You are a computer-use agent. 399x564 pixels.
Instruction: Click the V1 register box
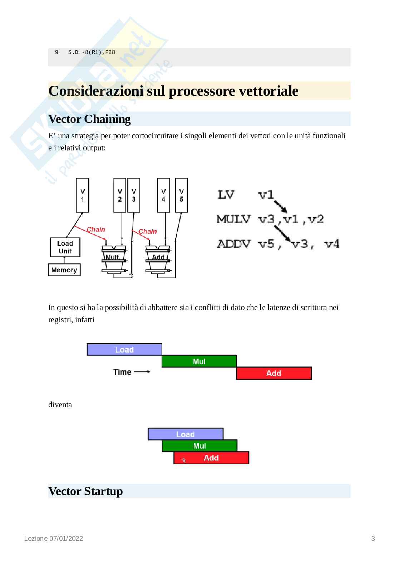83,195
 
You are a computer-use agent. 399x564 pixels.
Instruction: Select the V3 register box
134,195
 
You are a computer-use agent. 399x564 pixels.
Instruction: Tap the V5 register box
181,195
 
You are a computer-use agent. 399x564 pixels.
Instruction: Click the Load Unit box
65,247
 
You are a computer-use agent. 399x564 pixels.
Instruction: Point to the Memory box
64,270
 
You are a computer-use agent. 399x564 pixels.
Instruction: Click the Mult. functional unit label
113,257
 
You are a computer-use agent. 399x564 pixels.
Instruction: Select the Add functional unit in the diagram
158,257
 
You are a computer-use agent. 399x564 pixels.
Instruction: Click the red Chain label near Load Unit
96,229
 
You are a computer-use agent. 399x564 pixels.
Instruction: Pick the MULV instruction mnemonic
234,219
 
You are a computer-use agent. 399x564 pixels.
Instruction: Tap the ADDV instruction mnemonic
234,244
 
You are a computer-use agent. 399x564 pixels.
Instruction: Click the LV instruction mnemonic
226,195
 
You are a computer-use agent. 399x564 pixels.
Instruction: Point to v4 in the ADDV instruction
331,244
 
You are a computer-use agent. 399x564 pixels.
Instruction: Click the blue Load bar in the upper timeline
124,350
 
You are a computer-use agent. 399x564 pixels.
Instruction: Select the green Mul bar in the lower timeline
199,446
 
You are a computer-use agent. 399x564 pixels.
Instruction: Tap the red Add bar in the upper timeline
274,373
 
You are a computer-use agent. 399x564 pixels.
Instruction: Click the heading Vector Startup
85,491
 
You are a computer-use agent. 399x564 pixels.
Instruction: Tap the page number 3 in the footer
373,538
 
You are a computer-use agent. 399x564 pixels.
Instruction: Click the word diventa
60,405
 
